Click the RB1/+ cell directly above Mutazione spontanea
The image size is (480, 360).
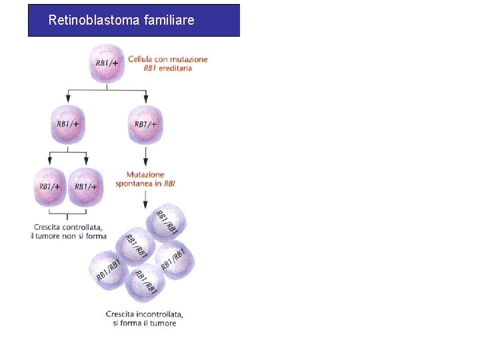pos(146,124)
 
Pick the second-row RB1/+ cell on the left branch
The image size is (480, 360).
pos(68,124)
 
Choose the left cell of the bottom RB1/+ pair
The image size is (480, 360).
pos(51,187)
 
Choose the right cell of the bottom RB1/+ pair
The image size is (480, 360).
pos(87,187)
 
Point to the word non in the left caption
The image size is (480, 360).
pos(71,236)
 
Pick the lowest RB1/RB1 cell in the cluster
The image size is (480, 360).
pos(145,282)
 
